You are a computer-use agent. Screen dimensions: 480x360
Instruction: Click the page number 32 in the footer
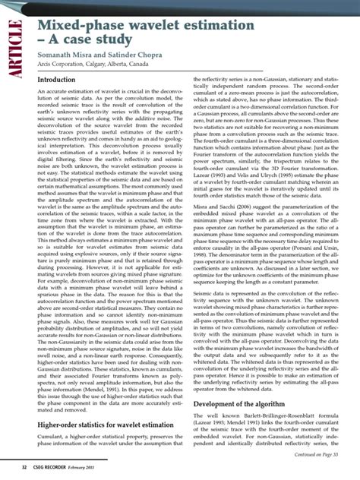[25, 466]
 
